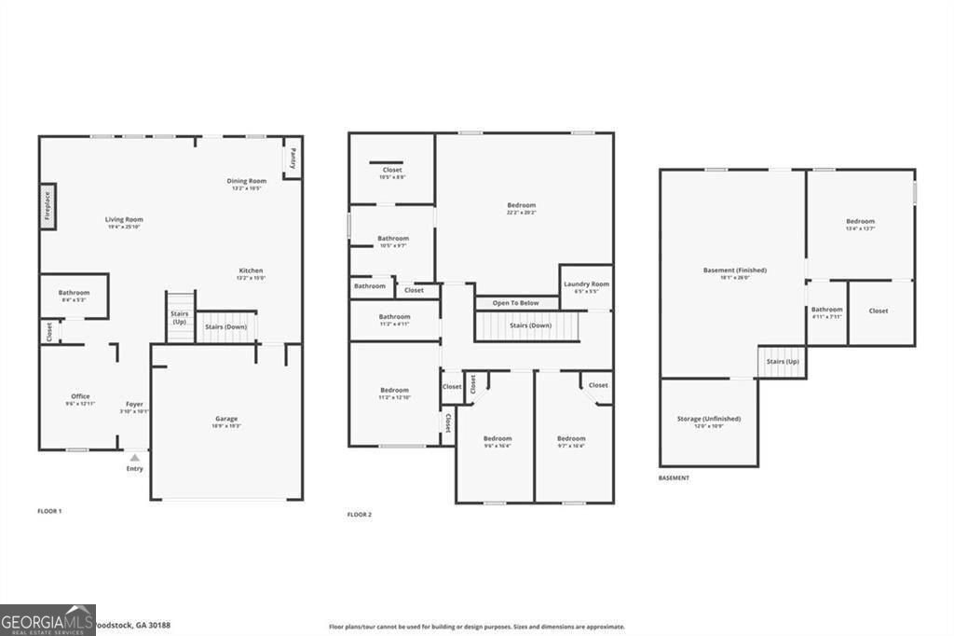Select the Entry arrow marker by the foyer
pos(135,458)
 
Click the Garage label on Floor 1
pos(226,420)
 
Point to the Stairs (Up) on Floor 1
pos(179,318)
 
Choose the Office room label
pos(80,396)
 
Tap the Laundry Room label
pos(586,284)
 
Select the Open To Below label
pos(515,303)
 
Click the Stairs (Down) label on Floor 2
pos(530,325)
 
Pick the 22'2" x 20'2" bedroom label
pos(521,205)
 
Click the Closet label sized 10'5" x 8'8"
pos(392,171)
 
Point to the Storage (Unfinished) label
pos(708,420)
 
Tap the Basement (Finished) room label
pos(734,270)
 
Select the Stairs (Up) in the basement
pos(782,362)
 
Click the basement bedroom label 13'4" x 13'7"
pos(860,222)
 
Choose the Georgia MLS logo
pos(48,620)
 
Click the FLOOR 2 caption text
pos(360,515)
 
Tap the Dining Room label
pos(246,181)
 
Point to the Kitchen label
pos(251,271)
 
